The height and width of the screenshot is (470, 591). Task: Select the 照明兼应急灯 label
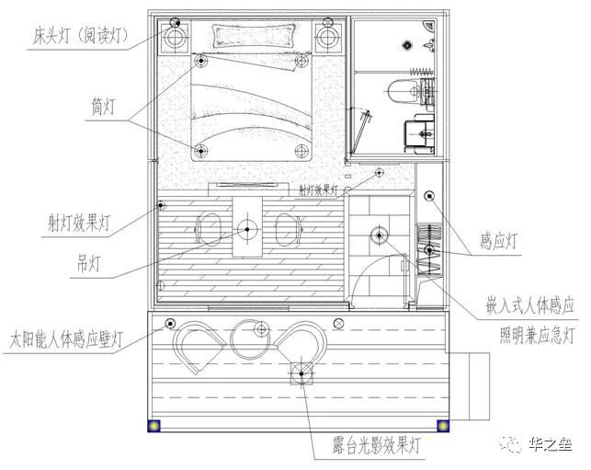tap(538, 332)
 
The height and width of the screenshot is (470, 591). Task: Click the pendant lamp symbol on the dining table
tap(246, 229)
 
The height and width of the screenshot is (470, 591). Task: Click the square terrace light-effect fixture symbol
tap(302, 373)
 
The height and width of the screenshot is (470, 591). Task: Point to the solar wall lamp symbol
tap(169, 323)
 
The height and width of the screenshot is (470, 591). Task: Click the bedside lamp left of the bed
tap(176, 37)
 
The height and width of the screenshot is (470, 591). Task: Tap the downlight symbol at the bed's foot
tap(199, 150)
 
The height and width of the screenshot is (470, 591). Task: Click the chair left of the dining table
tap(209, 229)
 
